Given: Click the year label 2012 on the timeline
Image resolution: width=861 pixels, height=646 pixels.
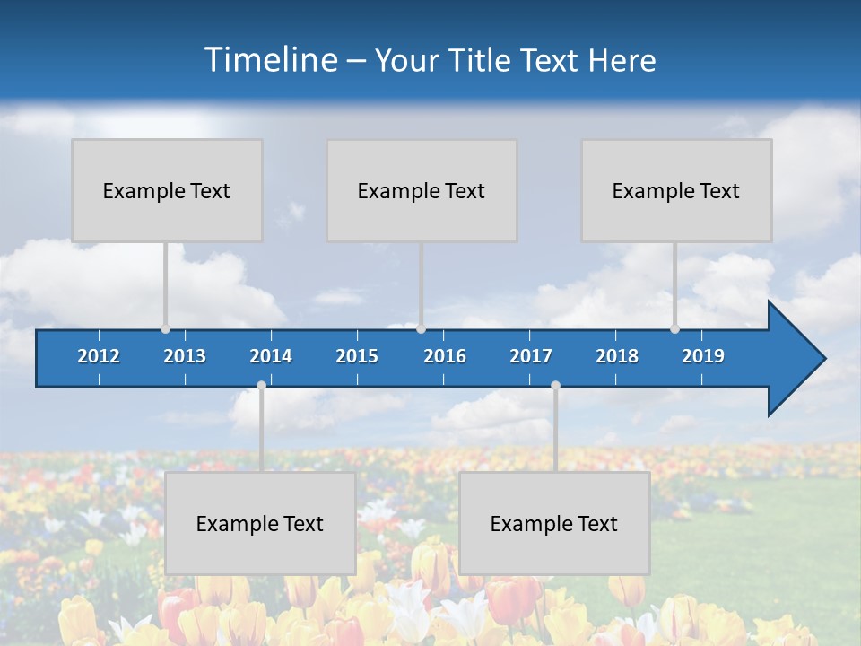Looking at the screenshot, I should (x=99, y=356).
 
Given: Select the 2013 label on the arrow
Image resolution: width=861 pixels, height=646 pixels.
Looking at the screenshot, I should (x=185, y=356).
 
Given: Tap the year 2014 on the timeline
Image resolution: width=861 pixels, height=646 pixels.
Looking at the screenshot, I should (x=271, y=356).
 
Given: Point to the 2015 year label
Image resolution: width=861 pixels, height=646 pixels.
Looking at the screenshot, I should (x=357, y=356).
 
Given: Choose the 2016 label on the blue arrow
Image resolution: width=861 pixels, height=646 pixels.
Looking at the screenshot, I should (x=445, y=356).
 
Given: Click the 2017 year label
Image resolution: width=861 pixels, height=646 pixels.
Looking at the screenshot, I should (x=531, y=356).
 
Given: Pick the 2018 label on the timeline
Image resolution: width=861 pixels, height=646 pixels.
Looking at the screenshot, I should (x=617, y=356).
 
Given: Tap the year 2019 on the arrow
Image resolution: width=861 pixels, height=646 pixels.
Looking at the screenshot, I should (x=703, y=356).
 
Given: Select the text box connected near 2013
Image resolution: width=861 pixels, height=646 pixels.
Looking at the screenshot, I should (x=167, y=190).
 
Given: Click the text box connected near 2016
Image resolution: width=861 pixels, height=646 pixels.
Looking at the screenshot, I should (x=422, y=190).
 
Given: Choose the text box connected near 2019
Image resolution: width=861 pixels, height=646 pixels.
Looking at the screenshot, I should (x=676, y=190).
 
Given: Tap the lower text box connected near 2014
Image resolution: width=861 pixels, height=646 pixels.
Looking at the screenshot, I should (x=260, y=523).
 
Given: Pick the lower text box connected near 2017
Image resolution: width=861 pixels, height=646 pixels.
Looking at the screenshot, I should (x=554, y=523).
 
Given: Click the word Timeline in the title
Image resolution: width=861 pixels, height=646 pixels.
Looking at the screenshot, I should (x=271, y=59).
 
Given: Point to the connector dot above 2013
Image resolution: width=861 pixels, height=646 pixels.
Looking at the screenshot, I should (x=166, y=328).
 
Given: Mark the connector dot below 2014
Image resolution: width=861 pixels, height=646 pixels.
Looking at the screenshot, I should (x=261, y=386).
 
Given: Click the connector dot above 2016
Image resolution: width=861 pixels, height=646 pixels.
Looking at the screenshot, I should (x=422, y=328).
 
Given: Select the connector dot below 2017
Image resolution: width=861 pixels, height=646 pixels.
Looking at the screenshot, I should (x=555, y=386).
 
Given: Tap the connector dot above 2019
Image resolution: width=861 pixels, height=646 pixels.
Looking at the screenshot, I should (x=675, y=328).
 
